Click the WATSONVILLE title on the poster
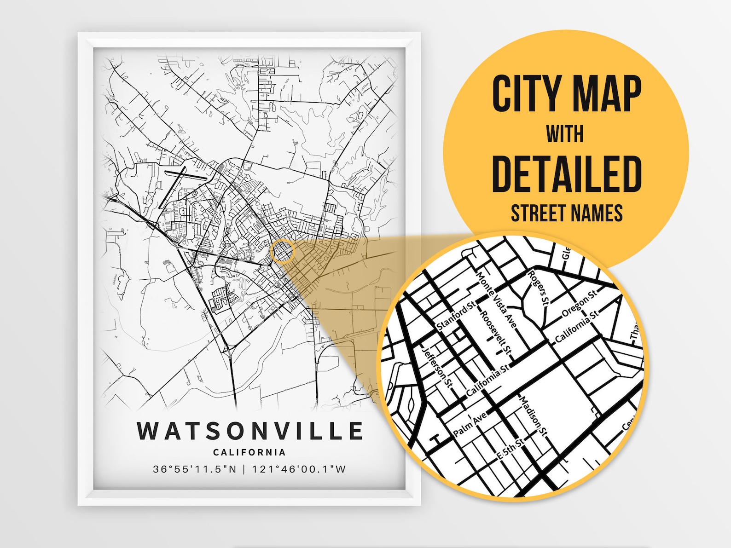tap(250, 431)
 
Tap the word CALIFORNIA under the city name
tap(249, 453)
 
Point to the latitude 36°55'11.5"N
tap(194, 469)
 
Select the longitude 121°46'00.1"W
tap(299, 469)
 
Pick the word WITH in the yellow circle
tap(565, 134)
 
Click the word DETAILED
tap(567, 174)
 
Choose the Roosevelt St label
tap(495, 333)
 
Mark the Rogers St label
tap(538, 288)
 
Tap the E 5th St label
tap(511, 450)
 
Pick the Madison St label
tap(533, 416)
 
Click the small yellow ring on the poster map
tap(282, 251)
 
